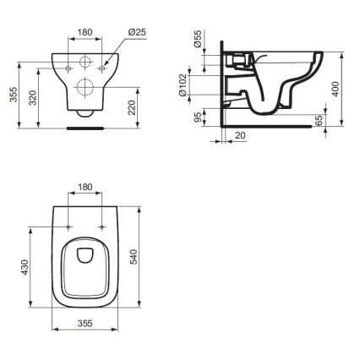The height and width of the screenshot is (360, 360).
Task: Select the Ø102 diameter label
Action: pos(197,86)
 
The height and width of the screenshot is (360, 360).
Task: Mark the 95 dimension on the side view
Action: pos(197,118)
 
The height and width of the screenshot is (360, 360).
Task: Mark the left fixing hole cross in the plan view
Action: pos(68,227)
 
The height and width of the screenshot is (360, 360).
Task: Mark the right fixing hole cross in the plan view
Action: pos(101,227)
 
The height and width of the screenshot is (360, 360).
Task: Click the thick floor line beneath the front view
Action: pos(85,129)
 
